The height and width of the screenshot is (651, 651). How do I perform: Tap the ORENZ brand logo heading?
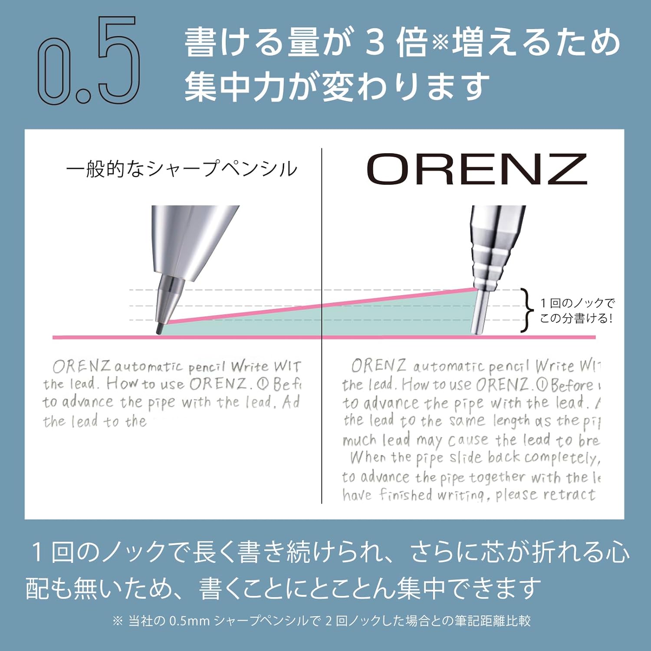(x=477, y=169)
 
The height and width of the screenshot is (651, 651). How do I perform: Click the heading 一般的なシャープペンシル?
(x=181, y=169)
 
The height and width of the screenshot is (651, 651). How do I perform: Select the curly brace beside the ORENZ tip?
(x=527, y=310)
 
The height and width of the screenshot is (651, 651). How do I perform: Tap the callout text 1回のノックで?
(x=577, y=303)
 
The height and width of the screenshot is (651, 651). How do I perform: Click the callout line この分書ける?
(x=576, y=319)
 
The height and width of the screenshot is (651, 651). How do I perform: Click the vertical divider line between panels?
(x=322, y=325)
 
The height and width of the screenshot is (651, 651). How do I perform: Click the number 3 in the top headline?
(x=374, y=43)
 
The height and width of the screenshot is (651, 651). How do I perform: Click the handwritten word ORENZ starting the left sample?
(x=82, y=367)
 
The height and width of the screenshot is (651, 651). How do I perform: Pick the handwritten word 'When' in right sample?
(x=368, y=457)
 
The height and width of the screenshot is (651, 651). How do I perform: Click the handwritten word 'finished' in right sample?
(x=406, y=494)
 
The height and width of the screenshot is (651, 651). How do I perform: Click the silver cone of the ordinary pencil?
(x=195, y=243)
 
